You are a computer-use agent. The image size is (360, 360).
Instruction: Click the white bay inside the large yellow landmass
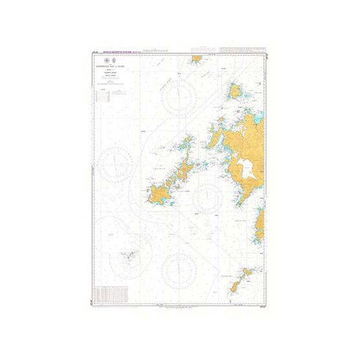pos(246,168)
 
